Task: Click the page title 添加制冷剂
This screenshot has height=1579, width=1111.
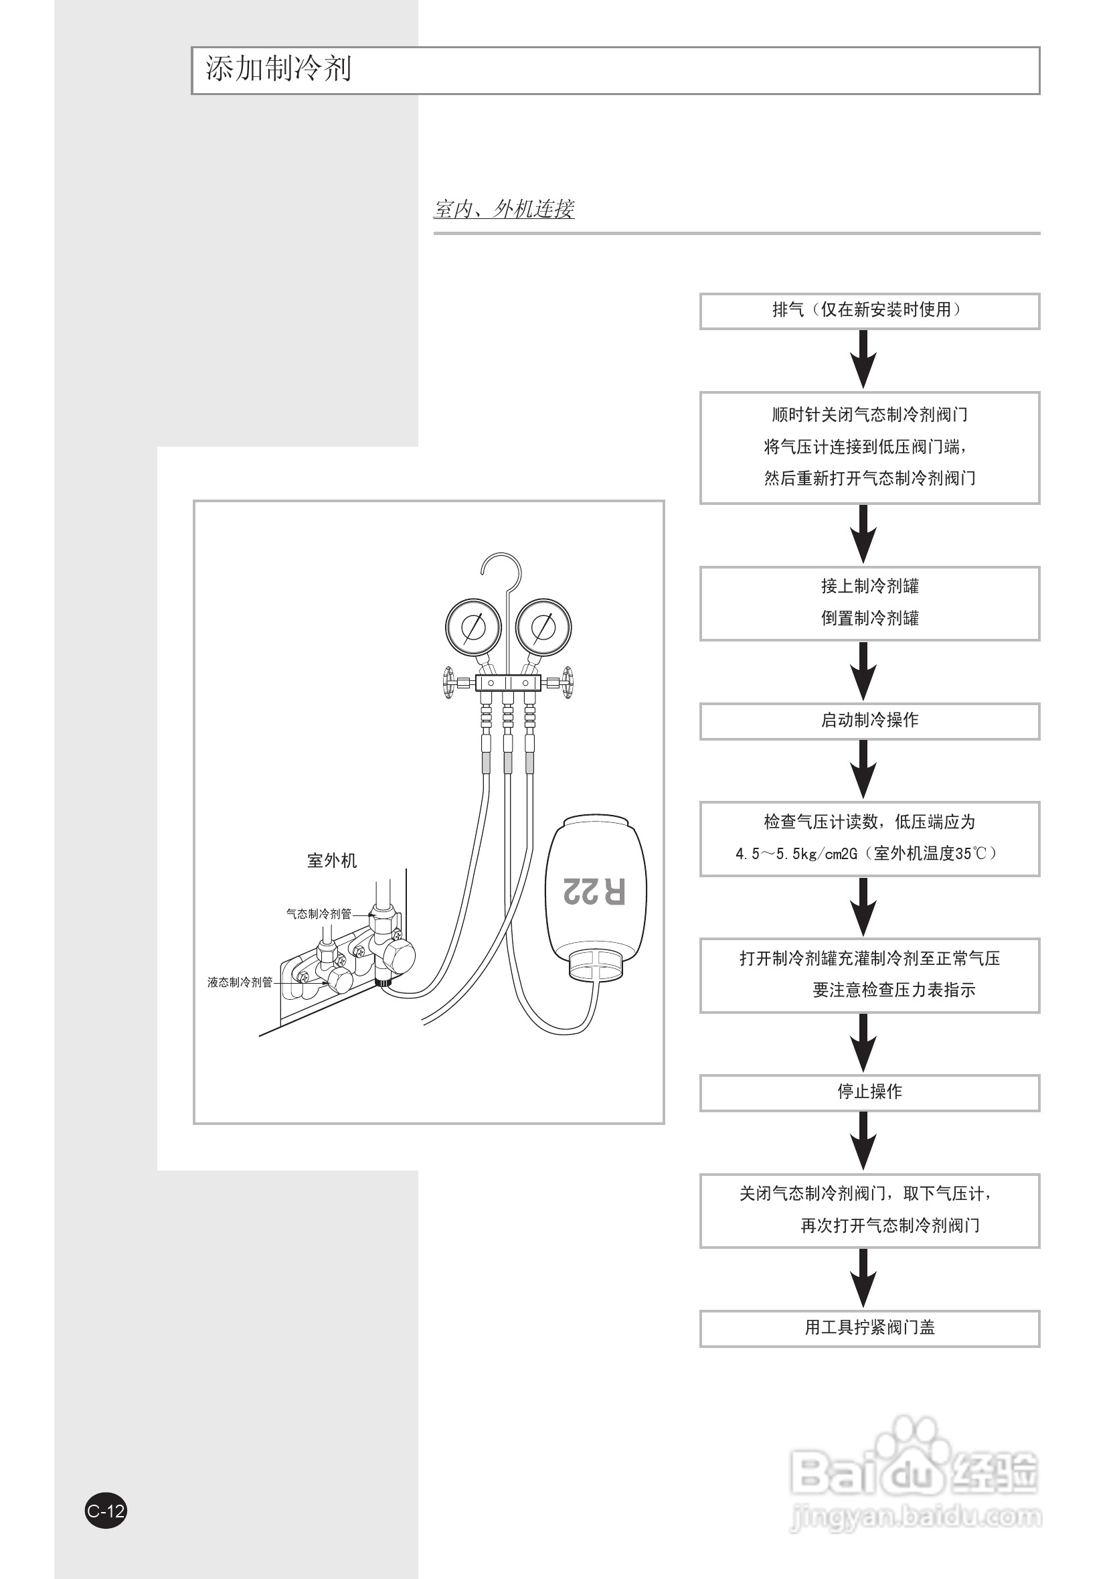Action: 278,70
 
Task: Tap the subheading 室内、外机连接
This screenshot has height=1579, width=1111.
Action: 503,209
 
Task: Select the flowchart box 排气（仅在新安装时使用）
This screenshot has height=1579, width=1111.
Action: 869,311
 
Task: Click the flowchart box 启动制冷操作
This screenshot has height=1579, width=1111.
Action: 869,721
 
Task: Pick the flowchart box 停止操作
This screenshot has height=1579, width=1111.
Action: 869,1092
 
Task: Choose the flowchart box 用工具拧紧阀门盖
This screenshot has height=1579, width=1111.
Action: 869,1328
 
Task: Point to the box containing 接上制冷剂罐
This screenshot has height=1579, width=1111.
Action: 869,603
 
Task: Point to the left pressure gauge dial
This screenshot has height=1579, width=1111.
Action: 473,627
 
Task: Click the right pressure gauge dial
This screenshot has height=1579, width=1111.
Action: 543,627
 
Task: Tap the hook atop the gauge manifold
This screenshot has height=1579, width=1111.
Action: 501,568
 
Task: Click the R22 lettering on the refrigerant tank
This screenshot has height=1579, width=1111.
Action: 594,891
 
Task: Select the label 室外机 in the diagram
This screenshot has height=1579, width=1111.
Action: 331,860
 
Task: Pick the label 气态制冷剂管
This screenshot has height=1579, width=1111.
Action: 319,914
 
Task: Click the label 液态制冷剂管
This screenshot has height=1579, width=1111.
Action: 240,982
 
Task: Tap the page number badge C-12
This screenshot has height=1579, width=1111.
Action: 106,1511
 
